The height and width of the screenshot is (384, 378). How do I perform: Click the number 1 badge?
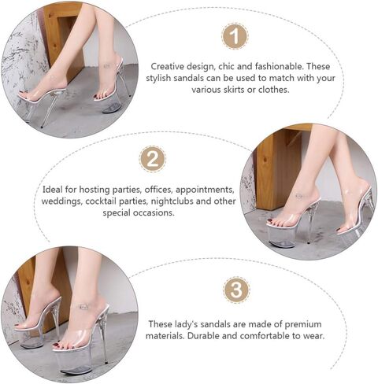click(235, 36)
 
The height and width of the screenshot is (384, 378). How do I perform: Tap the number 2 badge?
click(153, 159)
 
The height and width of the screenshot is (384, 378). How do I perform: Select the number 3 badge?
click(236, 290)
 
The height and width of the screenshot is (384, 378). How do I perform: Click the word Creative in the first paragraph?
click(167, 66)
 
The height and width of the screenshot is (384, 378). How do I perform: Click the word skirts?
click(234, 90)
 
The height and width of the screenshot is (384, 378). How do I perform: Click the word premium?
click(303, 324)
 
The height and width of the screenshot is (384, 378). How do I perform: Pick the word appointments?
click(205, 190)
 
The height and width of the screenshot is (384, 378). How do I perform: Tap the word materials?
click(165, 336)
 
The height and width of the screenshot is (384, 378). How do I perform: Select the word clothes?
click(274, 90)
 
